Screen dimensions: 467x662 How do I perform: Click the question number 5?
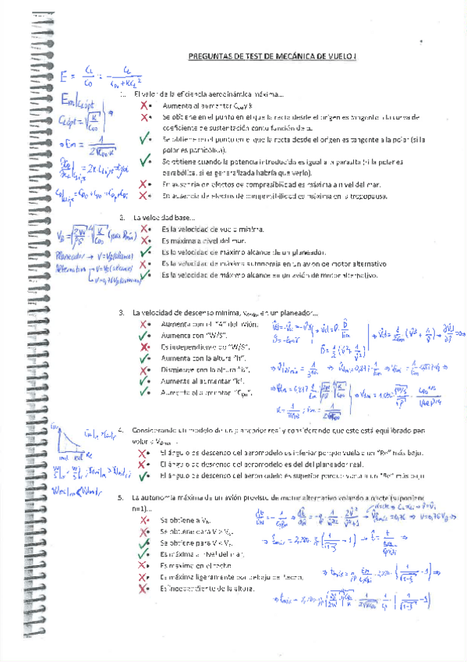(121, 496)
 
